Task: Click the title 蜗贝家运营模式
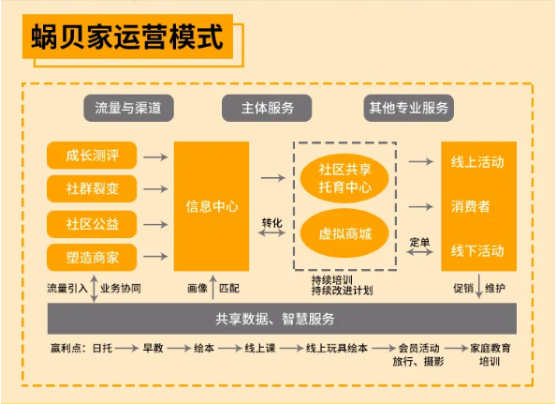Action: pos(127,37)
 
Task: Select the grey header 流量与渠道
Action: pos(128,108)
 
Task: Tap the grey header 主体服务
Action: pos(267,108)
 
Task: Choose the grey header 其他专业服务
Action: pos(409,108)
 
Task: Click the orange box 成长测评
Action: pos(92,156)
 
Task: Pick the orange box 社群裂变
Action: pos(92,188)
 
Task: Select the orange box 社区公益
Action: pos(92,224)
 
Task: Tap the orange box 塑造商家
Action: pos(92,258)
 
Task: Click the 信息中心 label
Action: pos(212,206)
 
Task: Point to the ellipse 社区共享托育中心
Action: pos(344,178)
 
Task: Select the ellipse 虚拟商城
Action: pos(344,233)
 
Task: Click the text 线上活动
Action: pos(477,162)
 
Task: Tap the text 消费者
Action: pos(471,206)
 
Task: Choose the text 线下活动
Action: pos(477,251)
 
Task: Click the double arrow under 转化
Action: pos(271,233)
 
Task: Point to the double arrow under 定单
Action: pos(420,252)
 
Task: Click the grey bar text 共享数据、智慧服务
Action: pos(275,319)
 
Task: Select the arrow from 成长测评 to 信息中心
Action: pos(155,157)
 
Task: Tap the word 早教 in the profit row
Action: pos(153,348)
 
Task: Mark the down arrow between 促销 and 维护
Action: pos(478,286)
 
